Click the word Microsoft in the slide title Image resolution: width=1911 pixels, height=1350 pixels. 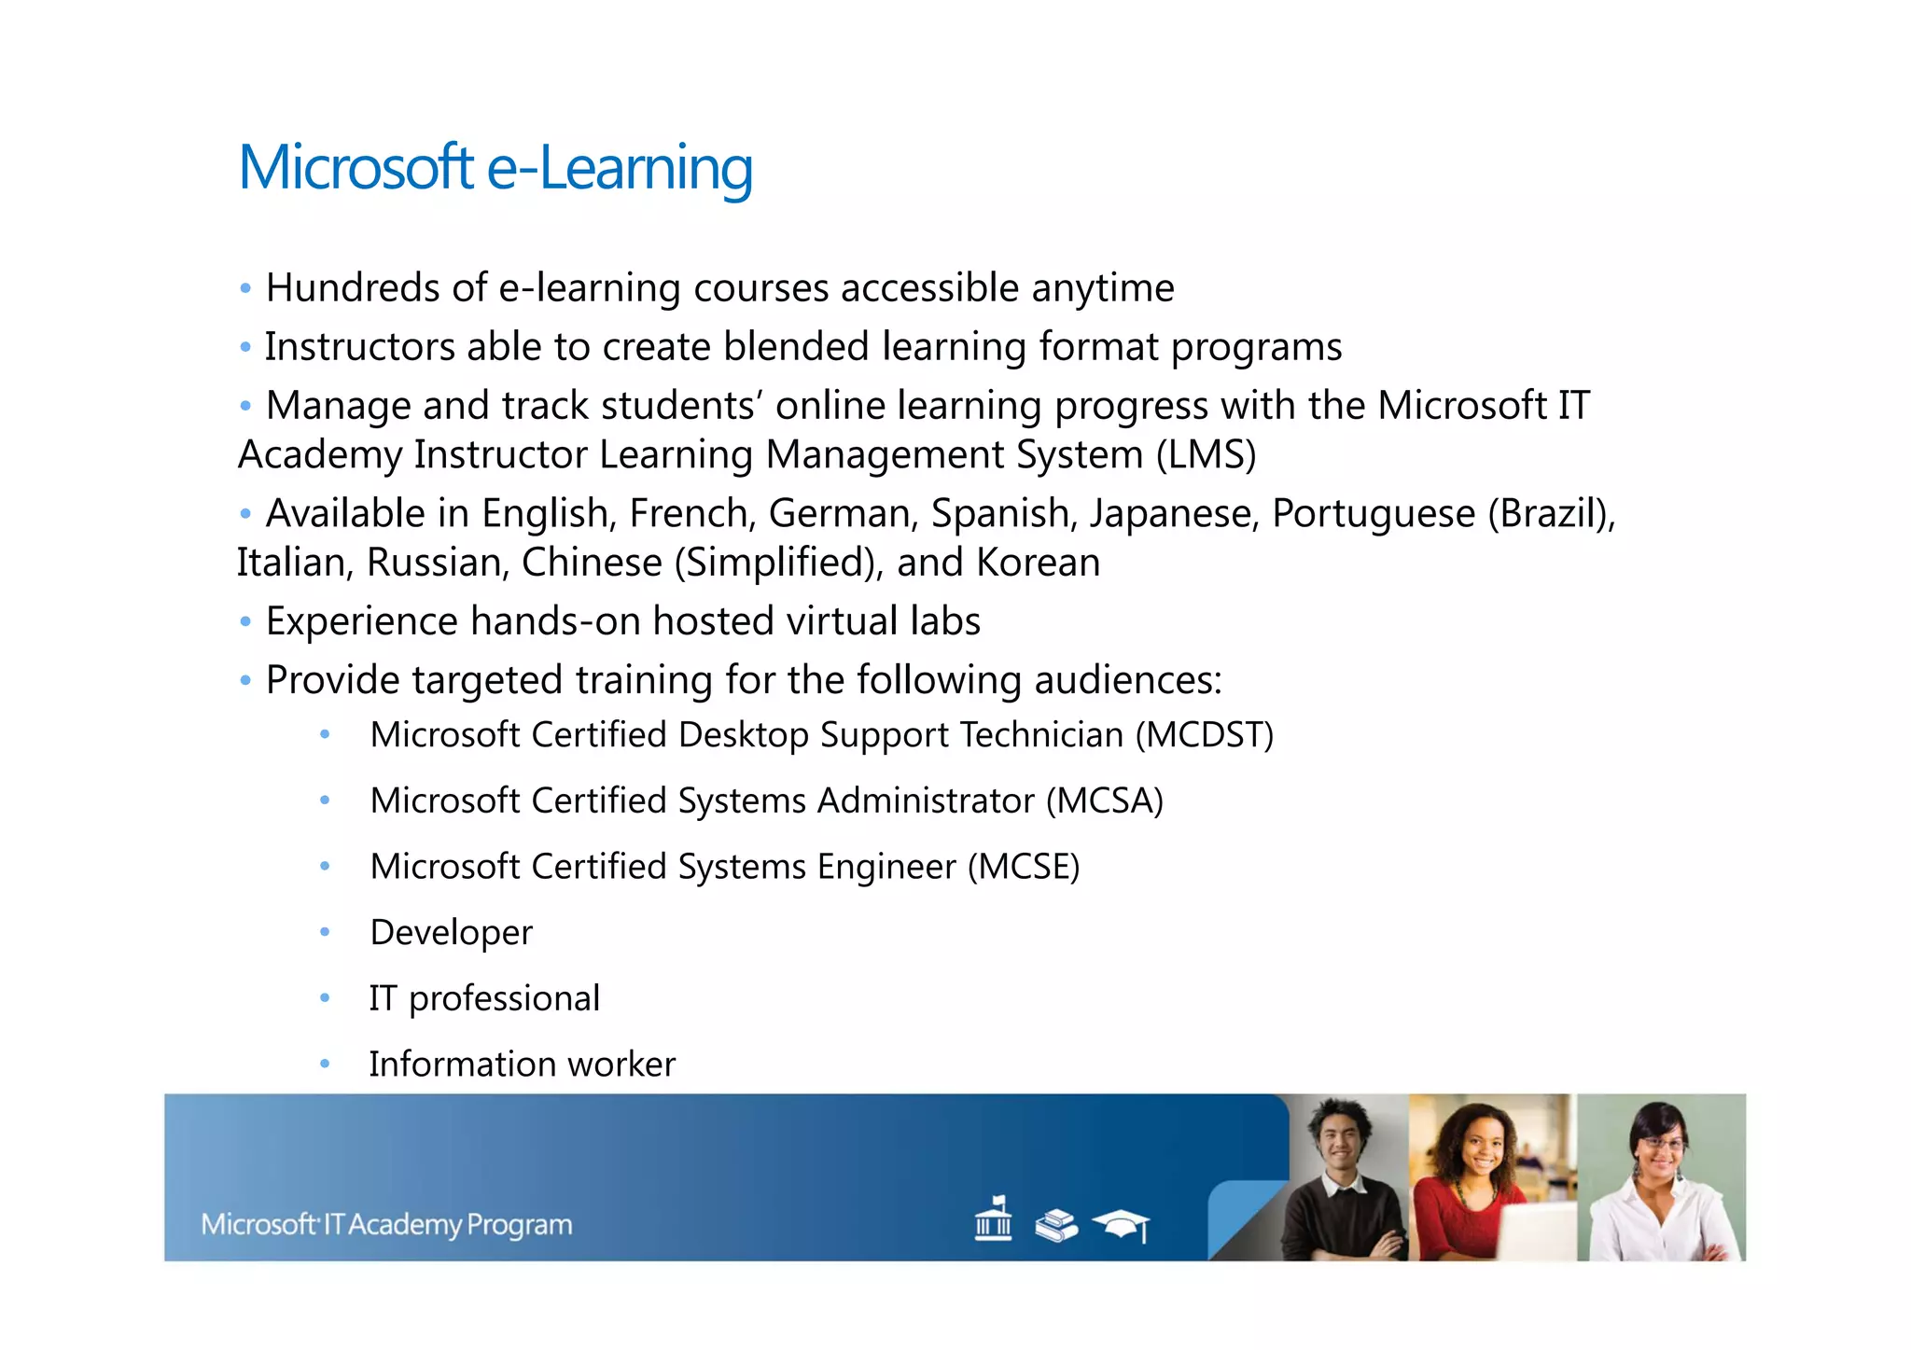(356, 168)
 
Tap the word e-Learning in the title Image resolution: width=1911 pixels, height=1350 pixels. (620, 168)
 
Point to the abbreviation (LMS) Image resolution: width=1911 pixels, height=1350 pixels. (1206, 455)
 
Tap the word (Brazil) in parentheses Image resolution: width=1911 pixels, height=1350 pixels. (1551, 514)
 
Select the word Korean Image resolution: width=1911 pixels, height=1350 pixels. (1038, 563)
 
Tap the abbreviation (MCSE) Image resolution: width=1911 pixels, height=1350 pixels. (1023, 867)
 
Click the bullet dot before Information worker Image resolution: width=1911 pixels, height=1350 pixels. (325, 1064)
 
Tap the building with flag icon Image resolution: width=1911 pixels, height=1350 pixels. (993, 1218)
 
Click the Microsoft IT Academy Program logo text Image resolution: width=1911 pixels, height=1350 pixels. (386, 1224)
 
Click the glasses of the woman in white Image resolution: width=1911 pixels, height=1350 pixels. (1661, 1144)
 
